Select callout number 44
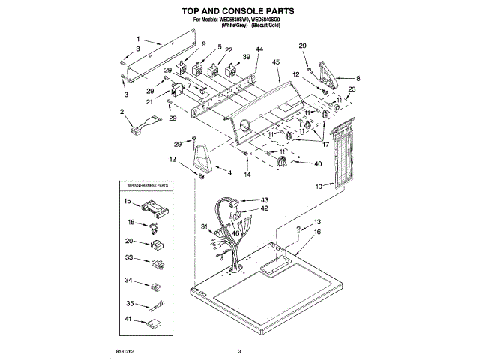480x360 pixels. coord(259,50)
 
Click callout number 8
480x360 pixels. coord(358,77)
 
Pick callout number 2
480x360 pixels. coord(121,112)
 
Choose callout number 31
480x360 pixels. coord(203,227)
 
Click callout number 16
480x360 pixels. coord(317,233)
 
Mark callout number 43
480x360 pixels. coord(264,199)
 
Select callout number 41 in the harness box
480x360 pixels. coord(128,320)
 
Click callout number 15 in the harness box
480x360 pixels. coord(127,202)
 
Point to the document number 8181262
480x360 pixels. coord(125,349)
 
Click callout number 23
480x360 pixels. coord(352,89)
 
